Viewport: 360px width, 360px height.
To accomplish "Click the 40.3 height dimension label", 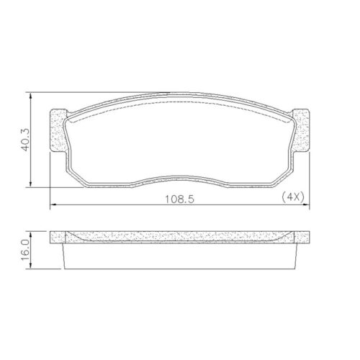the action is [25, 140].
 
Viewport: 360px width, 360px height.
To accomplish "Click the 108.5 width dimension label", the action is [179, 199].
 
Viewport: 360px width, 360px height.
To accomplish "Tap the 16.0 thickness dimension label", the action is [25, 250].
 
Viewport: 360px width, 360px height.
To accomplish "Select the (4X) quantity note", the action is [293, 197].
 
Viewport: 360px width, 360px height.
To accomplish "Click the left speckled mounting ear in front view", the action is [58, 131].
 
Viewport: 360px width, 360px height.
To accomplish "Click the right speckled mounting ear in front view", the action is [302, 130].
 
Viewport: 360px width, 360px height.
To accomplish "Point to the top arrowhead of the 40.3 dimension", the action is [30, 96].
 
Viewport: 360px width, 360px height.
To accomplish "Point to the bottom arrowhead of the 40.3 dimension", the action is [30, 183].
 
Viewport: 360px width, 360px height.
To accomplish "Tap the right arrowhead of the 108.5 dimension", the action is [305, 204].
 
